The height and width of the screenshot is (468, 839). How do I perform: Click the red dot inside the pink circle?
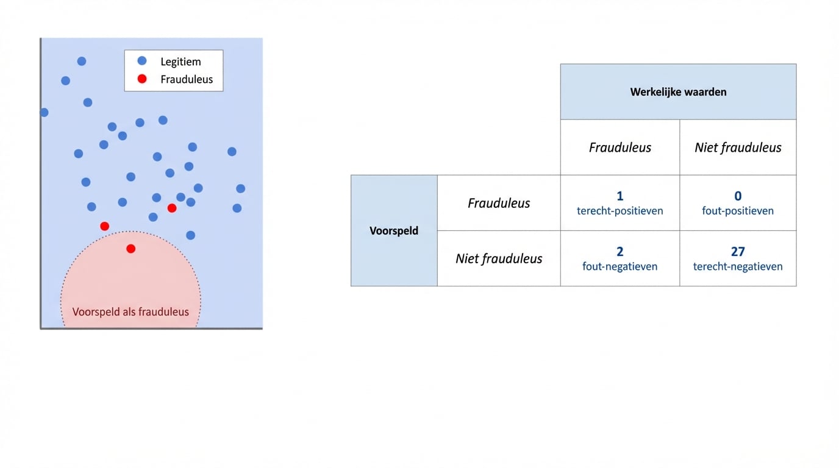tap(130, 249)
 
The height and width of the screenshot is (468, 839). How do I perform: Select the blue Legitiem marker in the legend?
tap(142, 61)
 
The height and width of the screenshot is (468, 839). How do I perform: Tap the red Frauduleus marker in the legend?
tap(142, 79)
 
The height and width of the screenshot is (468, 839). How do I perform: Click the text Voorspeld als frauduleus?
tap(130, 312)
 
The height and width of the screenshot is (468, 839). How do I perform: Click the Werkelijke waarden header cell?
tap(678, 92)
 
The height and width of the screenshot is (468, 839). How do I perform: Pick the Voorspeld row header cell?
tap(394, 231)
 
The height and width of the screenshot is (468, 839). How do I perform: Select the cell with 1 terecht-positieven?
tap(620, 203)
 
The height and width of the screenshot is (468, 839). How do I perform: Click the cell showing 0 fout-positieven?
tap(738, 203)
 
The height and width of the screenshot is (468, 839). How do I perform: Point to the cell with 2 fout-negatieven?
tap(620, 258)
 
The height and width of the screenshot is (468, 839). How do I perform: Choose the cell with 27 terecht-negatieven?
tap(738, 258)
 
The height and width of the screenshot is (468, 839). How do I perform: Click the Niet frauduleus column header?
tap(738, 147)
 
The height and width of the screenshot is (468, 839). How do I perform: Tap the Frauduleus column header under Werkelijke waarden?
tap(620, 147)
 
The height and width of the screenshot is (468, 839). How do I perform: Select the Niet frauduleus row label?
tap(499, 258)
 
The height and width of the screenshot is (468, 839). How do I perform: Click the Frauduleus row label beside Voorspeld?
tap(499, 203)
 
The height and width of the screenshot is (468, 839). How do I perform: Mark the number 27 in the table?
tap(738, 252)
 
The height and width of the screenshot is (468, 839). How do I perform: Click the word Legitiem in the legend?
tap(180, 62)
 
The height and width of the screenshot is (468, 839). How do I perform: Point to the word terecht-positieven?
tap(620, 211)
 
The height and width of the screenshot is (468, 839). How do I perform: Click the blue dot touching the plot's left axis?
tap(44, 112)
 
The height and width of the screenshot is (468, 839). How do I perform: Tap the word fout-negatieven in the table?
tap(620, 266)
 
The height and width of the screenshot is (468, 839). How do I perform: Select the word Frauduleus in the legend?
tap(187, 79)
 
